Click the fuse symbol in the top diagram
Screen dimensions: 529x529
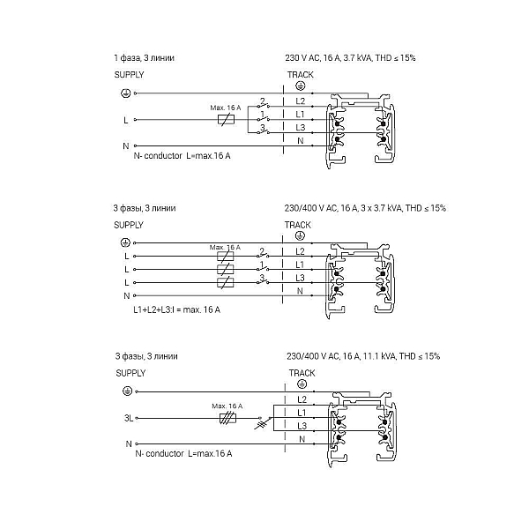(226, 119)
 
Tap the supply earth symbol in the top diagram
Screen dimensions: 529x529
(125, 93)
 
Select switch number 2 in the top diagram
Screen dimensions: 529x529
(263, 104)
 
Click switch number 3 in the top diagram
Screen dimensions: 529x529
(263, 130)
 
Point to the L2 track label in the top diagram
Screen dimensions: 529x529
(301, 101)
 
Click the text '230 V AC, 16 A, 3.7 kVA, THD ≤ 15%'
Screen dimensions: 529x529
(350, 58)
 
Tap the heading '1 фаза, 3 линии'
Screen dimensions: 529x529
(145, 58)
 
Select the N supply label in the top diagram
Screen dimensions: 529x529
(126, 146)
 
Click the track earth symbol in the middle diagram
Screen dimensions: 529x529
(300, 236)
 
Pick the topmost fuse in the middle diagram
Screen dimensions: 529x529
(226, 256)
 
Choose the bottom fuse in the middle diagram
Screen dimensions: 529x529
(226, 282)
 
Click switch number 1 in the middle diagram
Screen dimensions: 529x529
(263, 267)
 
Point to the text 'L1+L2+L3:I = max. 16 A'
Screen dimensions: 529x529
(177, 309)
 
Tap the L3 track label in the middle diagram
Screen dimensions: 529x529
(300, 278)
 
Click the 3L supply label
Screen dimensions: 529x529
(129, 418)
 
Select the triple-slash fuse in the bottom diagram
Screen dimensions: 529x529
(227, 418)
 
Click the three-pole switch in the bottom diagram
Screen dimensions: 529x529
(264, 422)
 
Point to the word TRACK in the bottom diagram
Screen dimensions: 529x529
(302, 373)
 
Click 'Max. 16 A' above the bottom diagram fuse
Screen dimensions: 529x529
(227, 406)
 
